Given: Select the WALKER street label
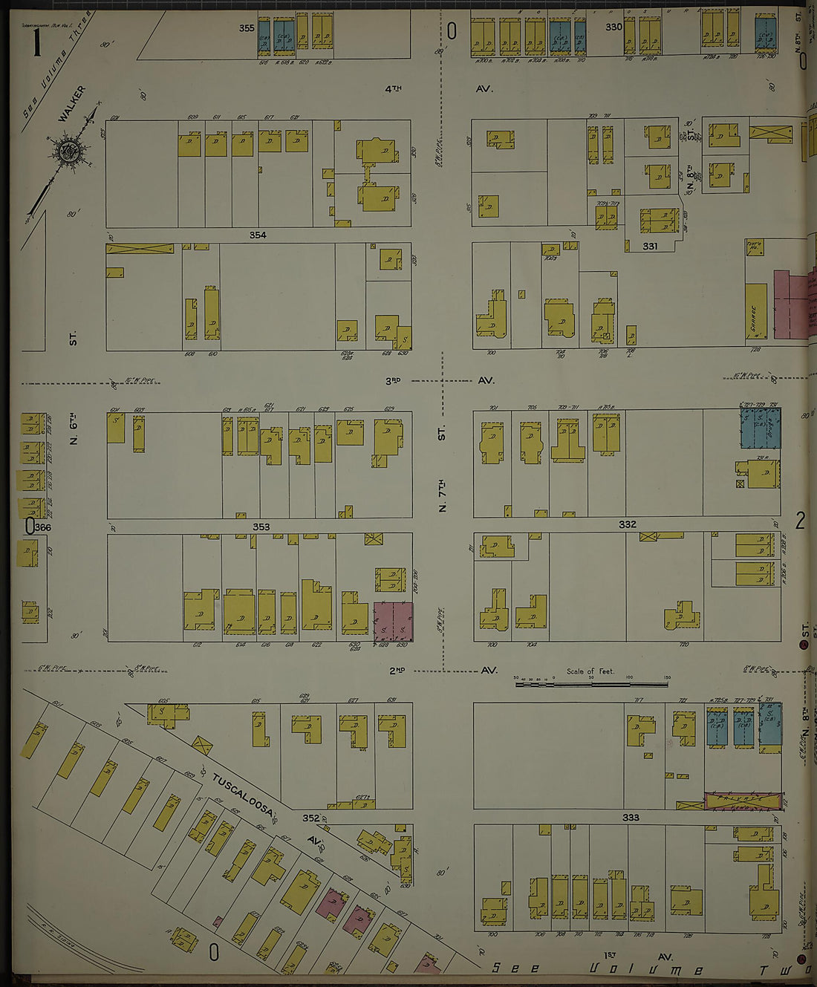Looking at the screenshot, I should [71, 102].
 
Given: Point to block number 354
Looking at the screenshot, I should [257, 235].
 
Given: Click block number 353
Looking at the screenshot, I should [261, 527].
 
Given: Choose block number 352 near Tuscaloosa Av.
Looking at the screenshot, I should [310, 818].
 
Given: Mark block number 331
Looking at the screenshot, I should [650, 247].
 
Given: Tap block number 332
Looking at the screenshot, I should [628, 524].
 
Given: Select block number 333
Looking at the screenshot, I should [631, 818].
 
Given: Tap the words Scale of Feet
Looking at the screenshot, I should [590, 671].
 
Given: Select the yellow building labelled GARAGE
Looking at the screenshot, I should [755, 312].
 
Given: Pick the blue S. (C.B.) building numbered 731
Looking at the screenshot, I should [770, 724].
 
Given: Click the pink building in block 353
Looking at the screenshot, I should [393, 622].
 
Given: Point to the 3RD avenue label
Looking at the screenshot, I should [393, 380].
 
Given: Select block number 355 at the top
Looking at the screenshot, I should [247, 28].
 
